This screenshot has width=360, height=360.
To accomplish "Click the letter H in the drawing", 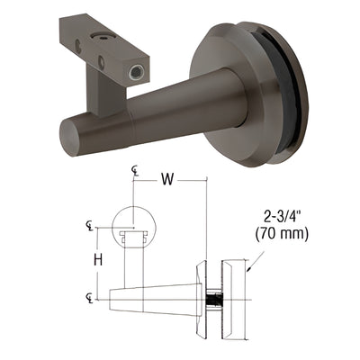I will [103, 262].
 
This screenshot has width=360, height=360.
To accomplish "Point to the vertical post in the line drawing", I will [135, 261].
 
